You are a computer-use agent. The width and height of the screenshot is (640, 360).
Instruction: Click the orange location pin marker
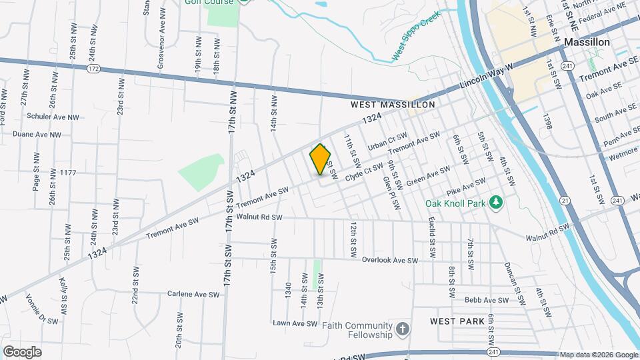pos(321,159)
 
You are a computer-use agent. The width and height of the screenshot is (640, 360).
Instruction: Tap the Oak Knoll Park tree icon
pos(495,201)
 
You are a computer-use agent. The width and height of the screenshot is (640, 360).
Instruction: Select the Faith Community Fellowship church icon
pos(402,329)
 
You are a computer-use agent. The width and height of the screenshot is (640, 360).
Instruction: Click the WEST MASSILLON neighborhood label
pos(393,105)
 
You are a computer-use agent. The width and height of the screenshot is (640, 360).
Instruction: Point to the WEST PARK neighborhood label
pos(457,321)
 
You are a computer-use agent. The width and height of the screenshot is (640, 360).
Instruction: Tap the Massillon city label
pos(587,41)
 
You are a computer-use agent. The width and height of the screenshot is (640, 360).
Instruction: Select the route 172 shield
pos(93,69)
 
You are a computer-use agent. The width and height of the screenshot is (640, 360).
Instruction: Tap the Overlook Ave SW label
pos(390,261)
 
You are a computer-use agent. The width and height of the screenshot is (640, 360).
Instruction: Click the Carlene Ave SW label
pos(193,294)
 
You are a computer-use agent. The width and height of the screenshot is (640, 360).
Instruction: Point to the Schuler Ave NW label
pos(53,117)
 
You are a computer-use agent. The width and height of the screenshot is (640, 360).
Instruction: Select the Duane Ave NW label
pos(37,134)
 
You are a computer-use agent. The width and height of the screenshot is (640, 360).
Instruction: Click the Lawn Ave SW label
pos(295,323)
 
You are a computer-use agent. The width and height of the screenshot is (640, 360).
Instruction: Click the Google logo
pos(22,351)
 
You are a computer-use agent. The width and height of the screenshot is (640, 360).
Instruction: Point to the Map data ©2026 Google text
pos(598,355)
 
